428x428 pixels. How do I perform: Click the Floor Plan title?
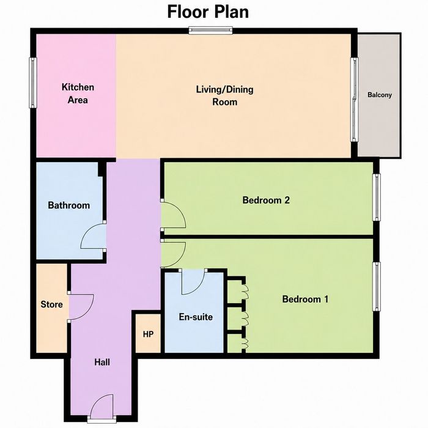[208, 12]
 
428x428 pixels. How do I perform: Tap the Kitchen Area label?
[78, 94]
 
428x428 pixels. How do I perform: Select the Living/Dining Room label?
[224, 95]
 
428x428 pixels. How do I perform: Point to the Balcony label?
[380, 95]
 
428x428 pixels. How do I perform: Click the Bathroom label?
[68, 205]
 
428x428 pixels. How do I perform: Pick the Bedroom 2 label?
[266, 200]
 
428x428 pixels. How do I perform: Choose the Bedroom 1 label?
[305, 299]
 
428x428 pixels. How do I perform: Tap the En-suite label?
[196, 317]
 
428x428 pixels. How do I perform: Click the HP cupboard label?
[148, 334]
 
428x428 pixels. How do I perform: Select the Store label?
[51, 304]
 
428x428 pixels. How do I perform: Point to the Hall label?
[102, 362]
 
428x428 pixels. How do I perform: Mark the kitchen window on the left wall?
[33, 83]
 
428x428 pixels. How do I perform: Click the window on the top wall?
[211, 31]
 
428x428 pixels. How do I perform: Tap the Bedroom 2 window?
[377, 197]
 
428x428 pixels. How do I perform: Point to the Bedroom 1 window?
[377, 287]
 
